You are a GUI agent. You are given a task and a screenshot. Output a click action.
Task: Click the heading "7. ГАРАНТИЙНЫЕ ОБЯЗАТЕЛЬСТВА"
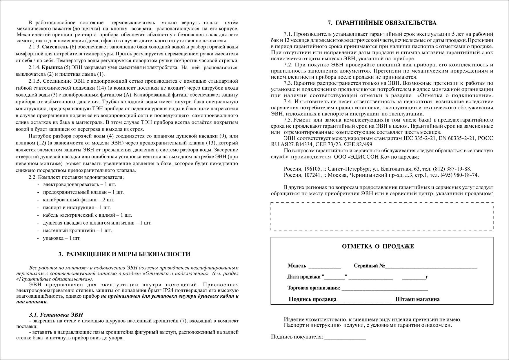coord(382,23)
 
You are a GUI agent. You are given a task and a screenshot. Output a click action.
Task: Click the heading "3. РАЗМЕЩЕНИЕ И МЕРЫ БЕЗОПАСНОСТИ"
coord(124,254)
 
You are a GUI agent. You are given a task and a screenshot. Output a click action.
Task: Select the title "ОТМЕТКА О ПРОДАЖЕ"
coord(378,247)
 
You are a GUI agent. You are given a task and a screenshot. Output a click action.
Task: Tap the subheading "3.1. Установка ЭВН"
coord(56,315)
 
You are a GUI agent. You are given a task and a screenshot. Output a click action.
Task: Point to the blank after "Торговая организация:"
coord(385,288)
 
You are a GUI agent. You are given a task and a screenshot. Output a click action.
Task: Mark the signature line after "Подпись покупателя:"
coord(345,337)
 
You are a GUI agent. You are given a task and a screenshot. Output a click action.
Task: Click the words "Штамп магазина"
coord(417,299)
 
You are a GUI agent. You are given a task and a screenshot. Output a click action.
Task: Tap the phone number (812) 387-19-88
coord(452,169)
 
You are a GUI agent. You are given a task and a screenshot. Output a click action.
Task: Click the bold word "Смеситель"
coord(55,47)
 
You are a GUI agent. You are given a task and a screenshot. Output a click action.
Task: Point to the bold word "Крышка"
coord(52,67)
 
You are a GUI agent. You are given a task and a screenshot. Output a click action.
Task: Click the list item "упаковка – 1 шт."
coord(61,238)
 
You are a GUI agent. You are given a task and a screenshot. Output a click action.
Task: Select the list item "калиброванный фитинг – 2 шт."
coord(78,200)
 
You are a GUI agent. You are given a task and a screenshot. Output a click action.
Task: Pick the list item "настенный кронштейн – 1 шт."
coord(77,231)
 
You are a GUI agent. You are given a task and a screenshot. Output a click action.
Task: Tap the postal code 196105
coord(312,169)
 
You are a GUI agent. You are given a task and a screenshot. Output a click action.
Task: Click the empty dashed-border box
coord(382,216)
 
